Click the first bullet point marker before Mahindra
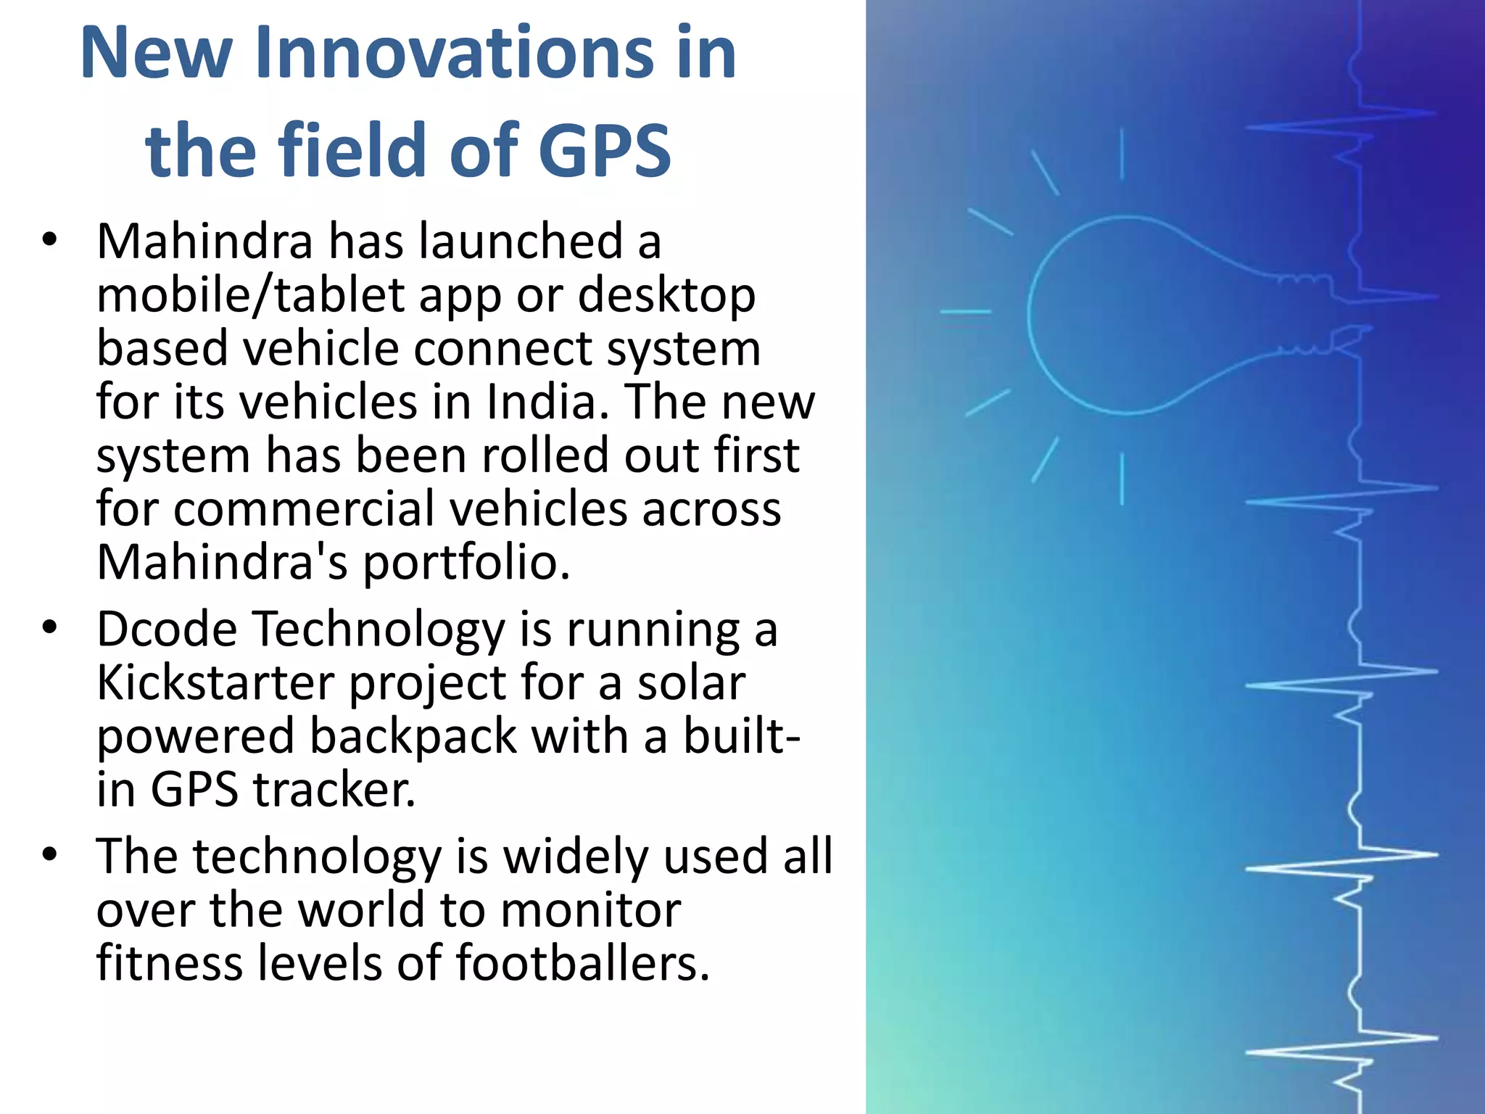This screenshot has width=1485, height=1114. pyautogui.click(x=49, y=240)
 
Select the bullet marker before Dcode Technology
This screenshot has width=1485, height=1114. pyautogui.click(x=49, y=627)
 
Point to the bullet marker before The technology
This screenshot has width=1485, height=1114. pyautogui.click(x=49, y=855)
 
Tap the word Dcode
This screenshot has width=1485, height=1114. pyautogui.click(x=167, y=629)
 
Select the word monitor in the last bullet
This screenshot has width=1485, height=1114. pyautogui.click(x=590, y=909)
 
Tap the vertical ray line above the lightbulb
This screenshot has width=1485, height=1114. pyautogui.click(x=1122, y=154)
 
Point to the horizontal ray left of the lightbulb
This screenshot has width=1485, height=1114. pyautogui.click(x=965, y=312)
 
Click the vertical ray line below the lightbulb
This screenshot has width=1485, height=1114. pyautogui.click(x=1122, y=479)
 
